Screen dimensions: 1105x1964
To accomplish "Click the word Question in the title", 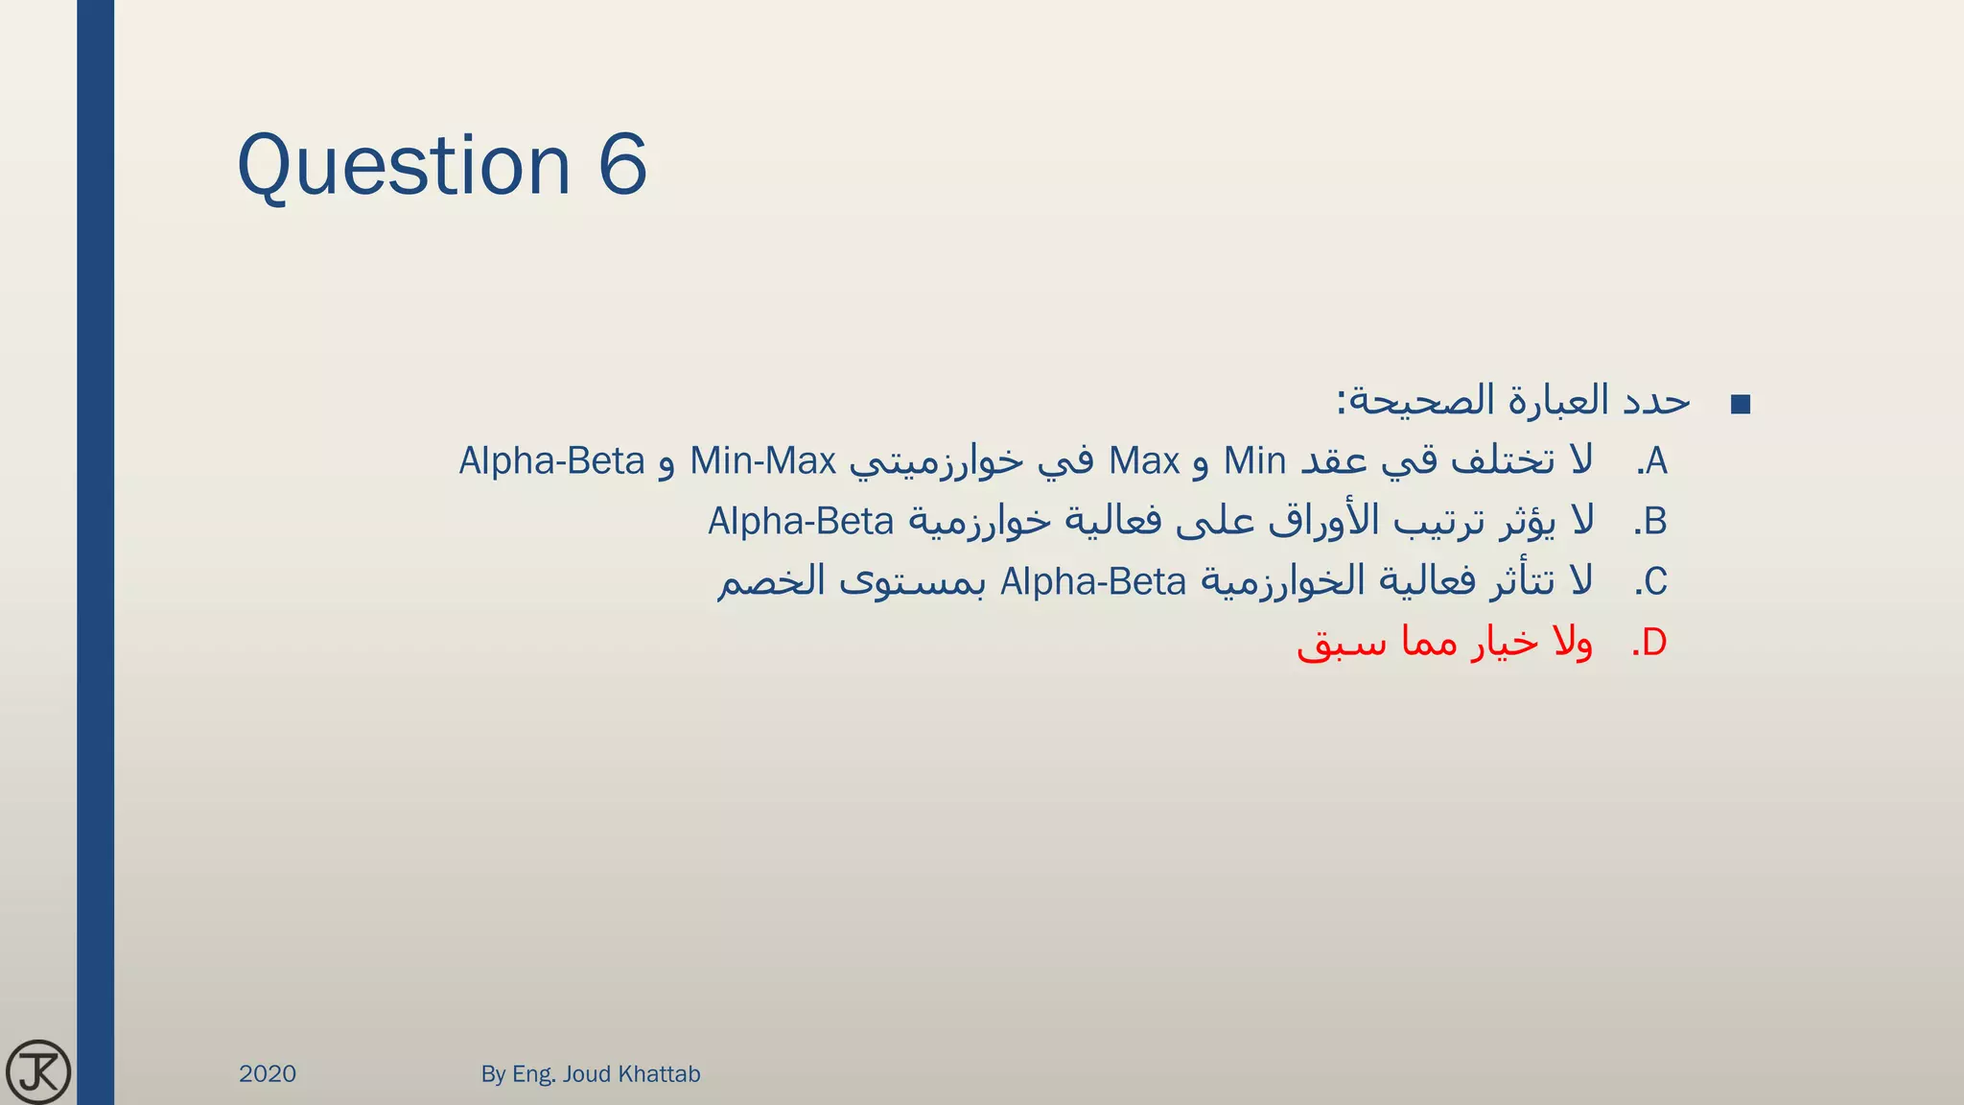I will click(404, 166).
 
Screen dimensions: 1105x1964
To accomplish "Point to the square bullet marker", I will click(1741, 405).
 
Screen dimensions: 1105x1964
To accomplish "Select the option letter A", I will click(1656, 462).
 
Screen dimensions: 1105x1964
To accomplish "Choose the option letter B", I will click(1655, 522).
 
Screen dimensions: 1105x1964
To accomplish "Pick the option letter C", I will click(1655, 582).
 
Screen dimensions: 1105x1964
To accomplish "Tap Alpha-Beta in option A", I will click(551, 462).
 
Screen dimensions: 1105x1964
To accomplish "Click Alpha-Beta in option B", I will click(801, 522).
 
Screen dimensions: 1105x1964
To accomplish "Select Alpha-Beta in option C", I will click(1093, 582).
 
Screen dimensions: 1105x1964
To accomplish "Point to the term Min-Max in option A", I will click(763, 462).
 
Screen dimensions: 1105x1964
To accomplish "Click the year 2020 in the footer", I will click(268, 1073).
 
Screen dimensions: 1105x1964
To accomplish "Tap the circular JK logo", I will click(38, 1071).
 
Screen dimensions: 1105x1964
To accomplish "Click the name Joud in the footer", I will click(586, 1073).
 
